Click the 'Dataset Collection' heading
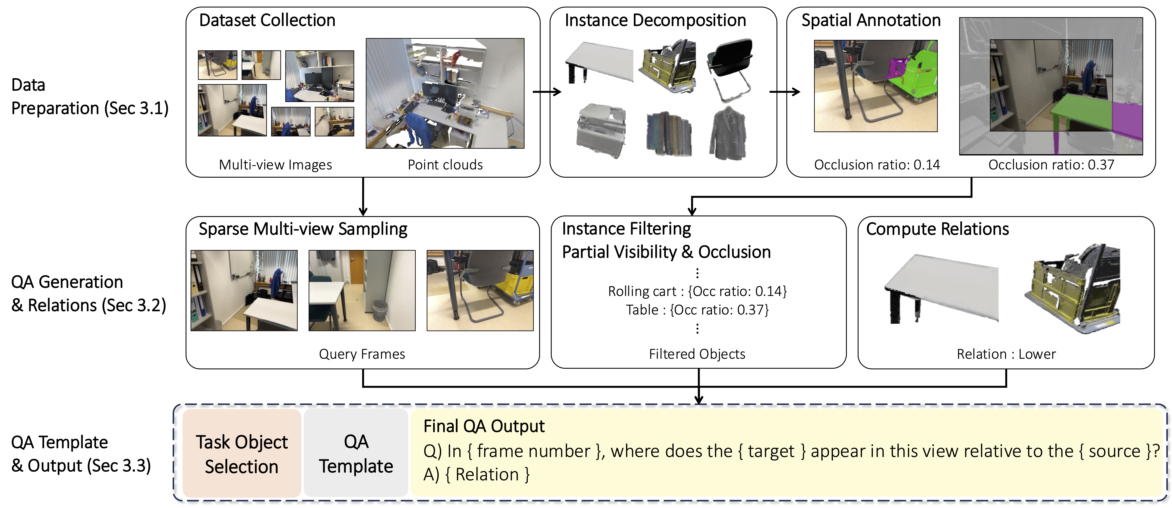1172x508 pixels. pyautogui.click(x=267, y=20)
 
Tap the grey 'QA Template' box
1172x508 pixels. pyautogui.click(x=356, y=453)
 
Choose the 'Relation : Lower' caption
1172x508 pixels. pyautogui.click(x=1006, y=354)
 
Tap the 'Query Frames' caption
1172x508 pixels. pyautogui.click(x=362, y=354)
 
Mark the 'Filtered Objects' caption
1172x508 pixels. pyautogui.click(x=697, y=354)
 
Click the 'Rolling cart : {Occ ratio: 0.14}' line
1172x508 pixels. pyautogui.click(x=697, y=291)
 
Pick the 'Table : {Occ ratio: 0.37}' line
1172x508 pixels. pyautogui.click(x=697, y=310)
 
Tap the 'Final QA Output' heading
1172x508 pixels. pyautogui.click(x=484, y=426)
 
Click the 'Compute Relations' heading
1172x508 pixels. pyautogui.click(x=937, y=229)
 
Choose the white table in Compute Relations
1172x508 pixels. pyautogui.click(x=942, y=289)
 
